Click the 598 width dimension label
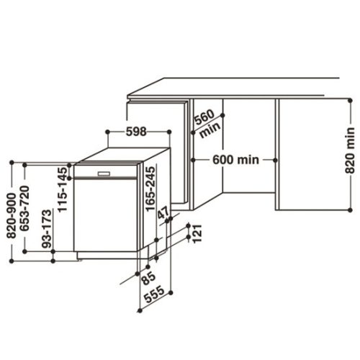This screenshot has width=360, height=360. [137, 132]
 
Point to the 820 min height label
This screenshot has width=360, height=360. [350, 150]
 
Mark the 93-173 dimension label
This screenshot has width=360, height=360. [48, 230]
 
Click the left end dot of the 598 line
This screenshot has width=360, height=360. [106, 132]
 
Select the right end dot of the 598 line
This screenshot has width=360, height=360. [169, 132]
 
